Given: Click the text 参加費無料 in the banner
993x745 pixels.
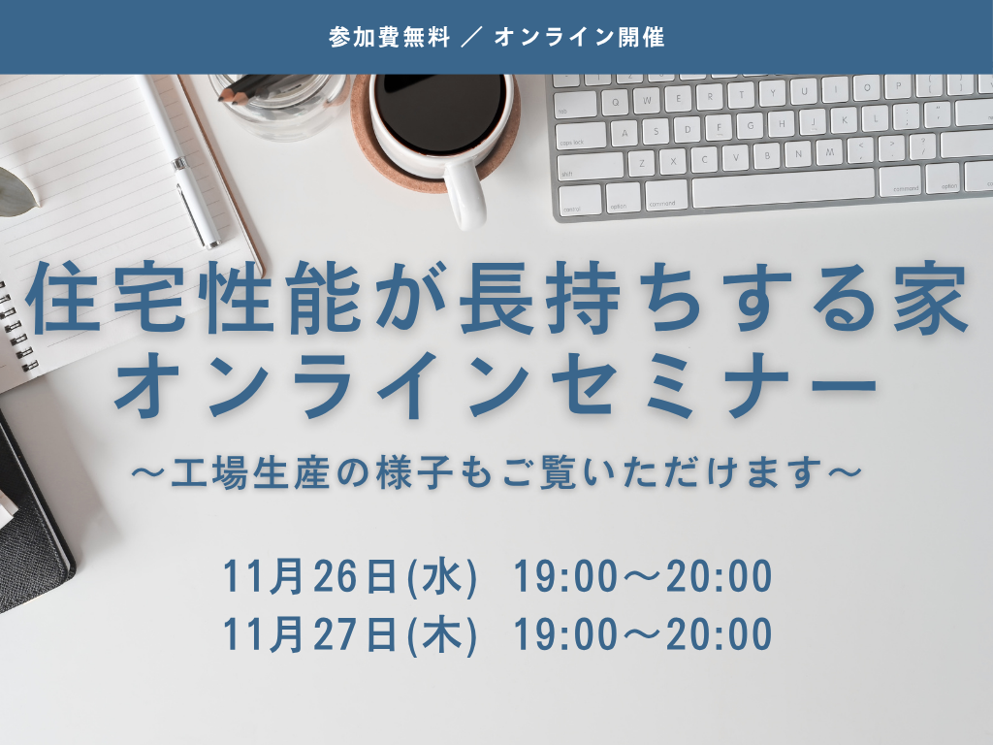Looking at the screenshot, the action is (389, 38).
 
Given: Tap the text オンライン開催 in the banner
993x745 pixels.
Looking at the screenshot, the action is (580, 38).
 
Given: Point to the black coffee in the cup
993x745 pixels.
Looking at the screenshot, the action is (441, 105).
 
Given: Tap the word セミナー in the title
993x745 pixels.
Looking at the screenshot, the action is (713, 384).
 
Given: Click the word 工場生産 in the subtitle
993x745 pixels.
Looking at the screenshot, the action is (250, 472).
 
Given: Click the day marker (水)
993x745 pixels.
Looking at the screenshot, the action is (442, 578).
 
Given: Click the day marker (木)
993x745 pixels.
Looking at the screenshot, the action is (442, 635).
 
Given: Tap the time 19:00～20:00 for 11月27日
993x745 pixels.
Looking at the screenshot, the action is (642, 634).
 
